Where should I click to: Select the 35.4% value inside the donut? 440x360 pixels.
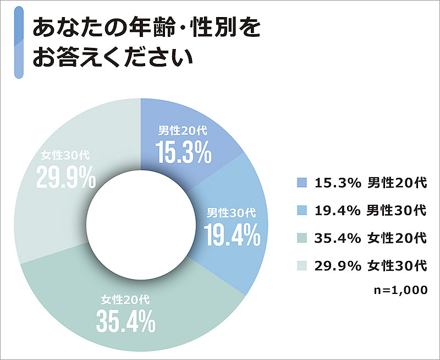pyautogui.click(x=125, y=322)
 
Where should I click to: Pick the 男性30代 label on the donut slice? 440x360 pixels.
pyautogui.click(x=231, y=212)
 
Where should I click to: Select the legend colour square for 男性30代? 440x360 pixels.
pyautogui.click(x=300, y=211)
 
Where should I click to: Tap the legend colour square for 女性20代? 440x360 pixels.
pyautogui.click(x=300, y=238)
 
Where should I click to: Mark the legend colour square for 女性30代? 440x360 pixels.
pyautogui.click(x=300, y=266)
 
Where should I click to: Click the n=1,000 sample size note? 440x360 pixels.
pyautogui.click(x=400, y=290)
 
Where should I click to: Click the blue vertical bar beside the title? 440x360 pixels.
pyautogui.click(x=18, y=42)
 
